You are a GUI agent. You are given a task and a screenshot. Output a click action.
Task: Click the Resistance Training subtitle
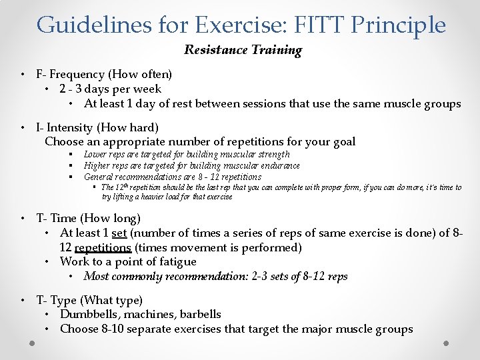[x=243, y=50]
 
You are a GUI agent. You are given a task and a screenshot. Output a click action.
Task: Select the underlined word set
[x=119, y=233]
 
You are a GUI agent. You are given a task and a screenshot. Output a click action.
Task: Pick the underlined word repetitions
[x=103, y=247]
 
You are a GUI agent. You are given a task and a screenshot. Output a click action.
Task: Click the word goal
[x=343, y=141]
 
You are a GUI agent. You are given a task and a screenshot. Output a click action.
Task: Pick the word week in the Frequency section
[x=147, y=89]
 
